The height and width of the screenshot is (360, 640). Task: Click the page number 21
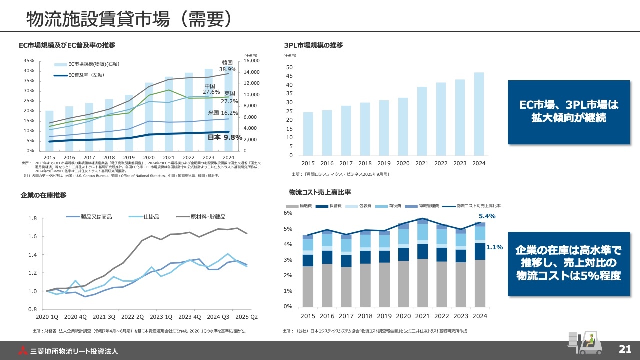(625, 349)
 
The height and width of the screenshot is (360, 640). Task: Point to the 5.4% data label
(487, 216)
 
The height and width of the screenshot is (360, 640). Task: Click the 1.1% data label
(494, 247)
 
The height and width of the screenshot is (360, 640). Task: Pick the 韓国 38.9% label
(228, 66)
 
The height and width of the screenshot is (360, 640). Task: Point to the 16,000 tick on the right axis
(251, 61)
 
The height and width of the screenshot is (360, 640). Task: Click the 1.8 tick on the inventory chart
(33, 219)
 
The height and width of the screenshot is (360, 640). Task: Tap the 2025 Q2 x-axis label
(247, 317)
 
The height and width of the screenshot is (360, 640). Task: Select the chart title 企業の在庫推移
(43, 195)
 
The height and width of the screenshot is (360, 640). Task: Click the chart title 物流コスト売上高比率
(320, 192)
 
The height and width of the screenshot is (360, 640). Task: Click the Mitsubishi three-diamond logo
(23, 350)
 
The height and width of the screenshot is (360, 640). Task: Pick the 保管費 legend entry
(330, 206)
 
